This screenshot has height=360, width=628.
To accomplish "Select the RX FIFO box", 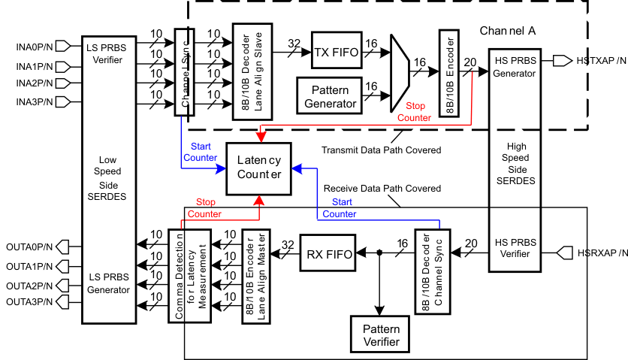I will [x=328, y=254].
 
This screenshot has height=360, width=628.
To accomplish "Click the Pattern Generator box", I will [x=330, y=96].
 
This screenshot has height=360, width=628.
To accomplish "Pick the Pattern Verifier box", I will [x=381, y=335].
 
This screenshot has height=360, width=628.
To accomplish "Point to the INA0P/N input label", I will [x=35, y=46].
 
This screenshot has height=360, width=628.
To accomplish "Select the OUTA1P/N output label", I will [x=29, y=265].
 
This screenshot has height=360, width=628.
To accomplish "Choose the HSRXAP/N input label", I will [x=602, y=253].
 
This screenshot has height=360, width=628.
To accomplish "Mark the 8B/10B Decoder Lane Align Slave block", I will [x=250, y=71].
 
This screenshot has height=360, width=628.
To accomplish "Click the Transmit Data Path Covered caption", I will [x=382, y=150].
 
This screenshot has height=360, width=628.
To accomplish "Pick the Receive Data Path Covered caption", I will [x=382, y=188].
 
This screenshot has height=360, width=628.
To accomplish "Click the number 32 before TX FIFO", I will [x=294, y=43].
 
